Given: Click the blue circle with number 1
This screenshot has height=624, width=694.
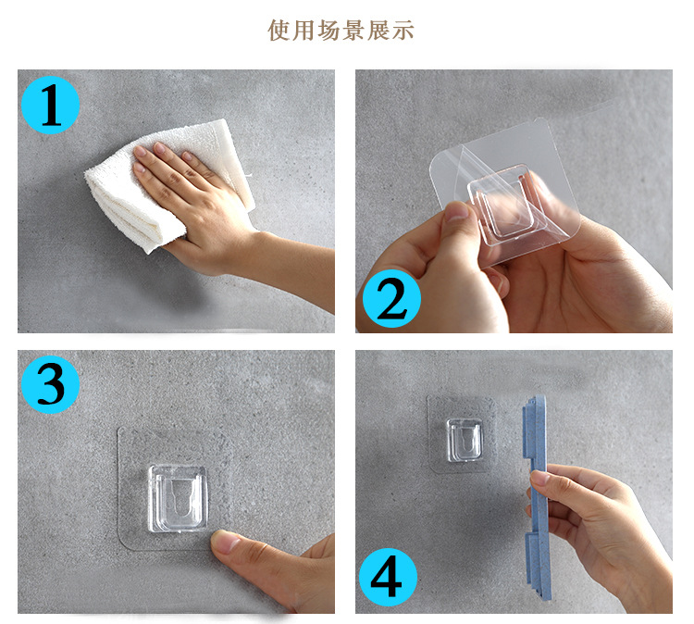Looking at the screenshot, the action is click(51, 105).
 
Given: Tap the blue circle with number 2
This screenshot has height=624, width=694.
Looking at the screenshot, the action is click(391, 298).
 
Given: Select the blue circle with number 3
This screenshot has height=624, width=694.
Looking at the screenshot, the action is click(51, 384).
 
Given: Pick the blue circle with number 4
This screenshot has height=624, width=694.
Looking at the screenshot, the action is click(388, 577).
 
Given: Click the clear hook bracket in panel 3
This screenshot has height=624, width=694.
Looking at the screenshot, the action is click(178, 498).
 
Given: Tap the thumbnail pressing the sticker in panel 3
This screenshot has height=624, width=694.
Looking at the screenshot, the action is click(226, 542).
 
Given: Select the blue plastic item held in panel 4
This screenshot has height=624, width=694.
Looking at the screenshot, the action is click(535, 498).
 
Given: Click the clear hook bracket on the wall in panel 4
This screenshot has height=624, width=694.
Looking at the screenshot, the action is click(464, 440).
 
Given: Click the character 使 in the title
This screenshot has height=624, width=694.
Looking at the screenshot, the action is click(279, 31).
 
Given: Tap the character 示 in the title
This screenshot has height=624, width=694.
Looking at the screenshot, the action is click(403, 31).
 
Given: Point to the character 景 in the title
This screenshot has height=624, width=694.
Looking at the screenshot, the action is click(353, 31).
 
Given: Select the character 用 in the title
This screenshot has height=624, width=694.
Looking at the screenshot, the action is click(304, 31).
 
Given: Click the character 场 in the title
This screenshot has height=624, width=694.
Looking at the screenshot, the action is click(328, 31).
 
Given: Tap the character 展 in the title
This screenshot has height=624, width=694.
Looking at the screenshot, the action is click(378, 31).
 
